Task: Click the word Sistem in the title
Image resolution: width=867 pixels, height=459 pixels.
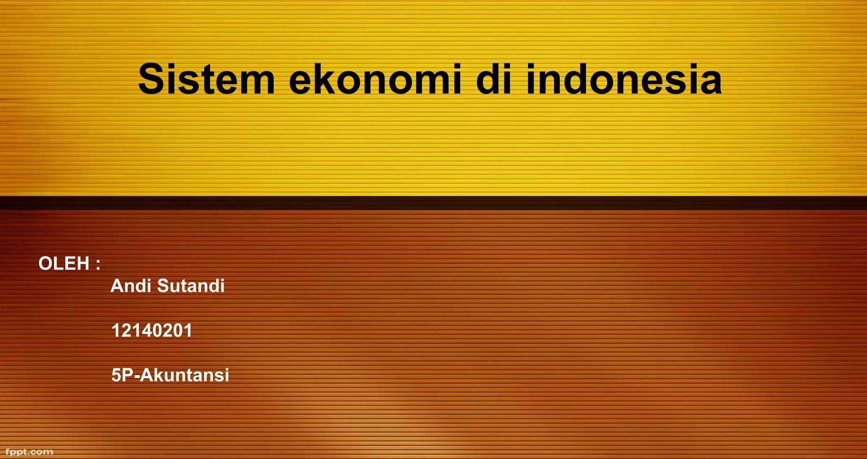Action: (x=207, y=80)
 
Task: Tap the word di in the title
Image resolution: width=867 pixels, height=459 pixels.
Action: (x=494, y=80)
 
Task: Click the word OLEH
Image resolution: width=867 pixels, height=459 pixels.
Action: (x=64, y=264)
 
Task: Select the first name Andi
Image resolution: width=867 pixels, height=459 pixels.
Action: (x=131, y=286)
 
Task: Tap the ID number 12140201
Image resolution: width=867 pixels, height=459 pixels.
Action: (x=152, y=330)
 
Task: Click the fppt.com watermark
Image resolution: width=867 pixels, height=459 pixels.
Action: (x=29, y=452)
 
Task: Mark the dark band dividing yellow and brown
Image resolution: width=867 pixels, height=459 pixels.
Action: (x=433, y=203)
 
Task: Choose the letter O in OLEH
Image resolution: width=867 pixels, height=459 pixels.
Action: (x=46, y=264)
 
